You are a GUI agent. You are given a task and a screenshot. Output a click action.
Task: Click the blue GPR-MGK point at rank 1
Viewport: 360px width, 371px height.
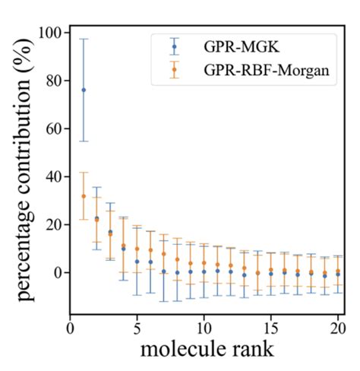point(84,90)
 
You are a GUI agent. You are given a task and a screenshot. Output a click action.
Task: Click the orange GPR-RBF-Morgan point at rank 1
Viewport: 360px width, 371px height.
point(84,196)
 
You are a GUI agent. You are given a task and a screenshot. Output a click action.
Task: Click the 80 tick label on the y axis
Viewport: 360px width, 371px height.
point(54,81)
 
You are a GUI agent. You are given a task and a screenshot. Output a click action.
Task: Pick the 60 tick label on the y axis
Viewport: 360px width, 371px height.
point(54,129)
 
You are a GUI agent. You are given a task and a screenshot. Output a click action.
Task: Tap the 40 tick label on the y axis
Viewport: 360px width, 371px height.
point(54,176)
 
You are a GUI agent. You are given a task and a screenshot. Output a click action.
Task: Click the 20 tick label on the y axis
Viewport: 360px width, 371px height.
point(54,224)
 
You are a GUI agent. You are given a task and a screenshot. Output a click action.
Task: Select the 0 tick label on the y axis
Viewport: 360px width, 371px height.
point(58,272)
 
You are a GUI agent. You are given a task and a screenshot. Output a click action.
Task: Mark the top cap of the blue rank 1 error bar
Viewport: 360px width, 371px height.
point(84,39)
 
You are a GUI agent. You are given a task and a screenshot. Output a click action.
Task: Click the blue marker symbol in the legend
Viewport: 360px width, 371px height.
point(175,46)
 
